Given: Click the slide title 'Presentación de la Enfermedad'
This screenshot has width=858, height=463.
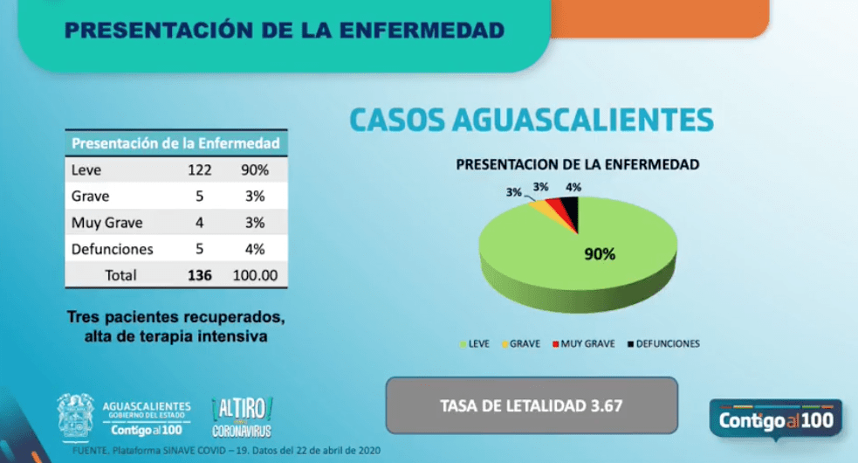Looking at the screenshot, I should (285, 31).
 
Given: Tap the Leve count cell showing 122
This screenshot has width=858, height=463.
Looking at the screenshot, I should (200, 170).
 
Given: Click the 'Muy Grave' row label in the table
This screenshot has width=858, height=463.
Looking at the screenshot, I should (106, 223).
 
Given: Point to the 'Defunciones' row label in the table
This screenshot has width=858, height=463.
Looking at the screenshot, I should (113, 249).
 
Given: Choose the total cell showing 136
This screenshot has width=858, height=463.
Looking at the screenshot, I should (200, 275).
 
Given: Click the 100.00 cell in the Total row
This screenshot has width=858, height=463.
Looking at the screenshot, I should (255, 275).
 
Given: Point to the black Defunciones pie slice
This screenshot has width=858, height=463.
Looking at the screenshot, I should (568, 210).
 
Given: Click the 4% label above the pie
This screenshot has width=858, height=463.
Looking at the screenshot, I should (573, 187).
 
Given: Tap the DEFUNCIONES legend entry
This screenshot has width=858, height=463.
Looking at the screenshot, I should (664, 344).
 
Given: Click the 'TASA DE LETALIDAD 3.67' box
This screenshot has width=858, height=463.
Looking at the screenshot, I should (532, 405).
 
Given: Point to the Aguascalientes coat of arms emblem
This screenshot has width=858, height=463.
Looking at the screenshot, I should (75, 416).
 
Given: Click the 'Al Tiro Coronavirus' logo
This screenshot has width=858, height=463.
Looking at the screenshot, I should (243, 417).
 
